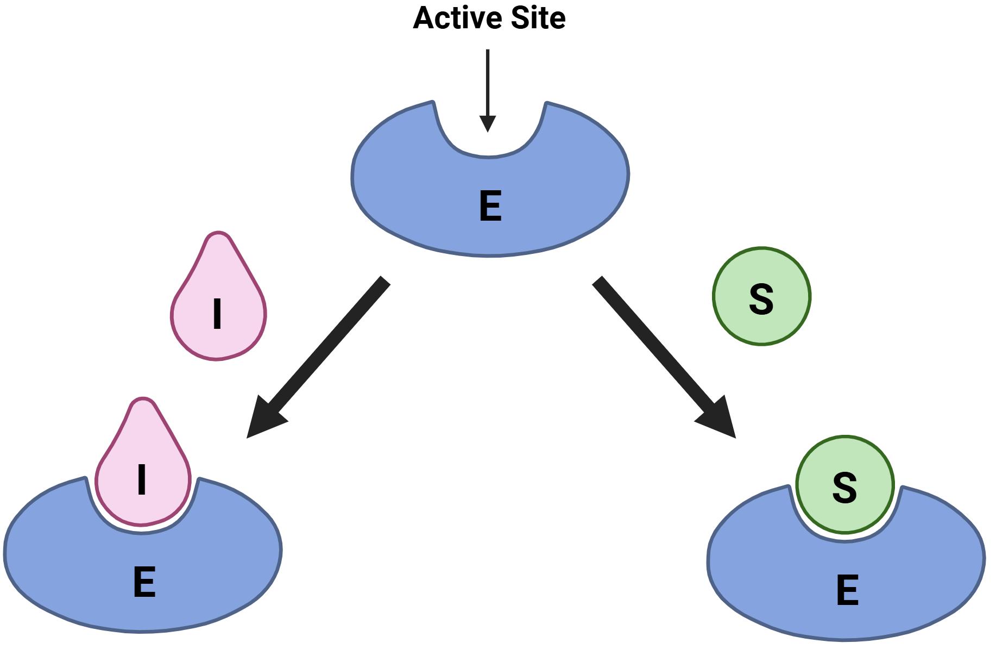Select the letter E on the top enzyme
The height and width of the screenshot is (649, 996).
(490, 207)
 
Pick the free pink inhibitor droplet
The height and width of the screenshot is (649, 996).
(218, 304)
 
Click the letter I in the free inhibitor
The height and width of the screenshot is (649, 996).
(217, 315)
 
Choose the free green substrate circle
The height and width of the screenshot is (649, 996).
(761, 296)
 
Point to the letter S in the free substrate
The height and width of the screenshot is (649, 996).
(761, 299)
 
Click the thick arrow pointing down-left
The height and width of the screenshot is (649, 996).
(326, 348)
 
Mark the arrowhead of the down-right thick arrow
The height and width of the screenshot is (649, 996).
(720, 422)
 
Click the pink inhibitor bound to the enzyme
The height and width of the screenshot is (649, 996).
(142, 467)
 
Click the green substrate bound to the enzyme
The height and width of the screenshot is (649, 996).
(844, 484)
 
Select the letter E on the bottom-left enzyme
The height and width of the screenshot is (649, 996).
(144, 582)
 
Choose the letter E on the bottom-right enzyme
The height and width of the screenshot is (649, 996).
(847, 590)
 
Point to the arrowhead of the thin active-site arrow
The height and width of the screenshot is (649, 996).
(488, 124)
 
